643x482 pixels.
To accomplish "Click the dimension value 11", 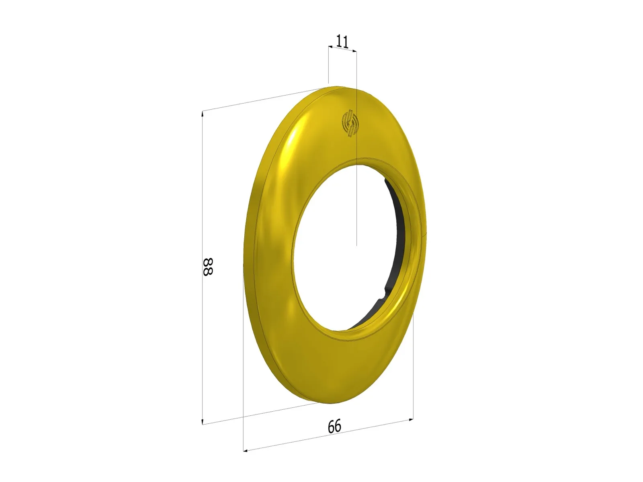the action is pyautogui.click(x=342, y=41).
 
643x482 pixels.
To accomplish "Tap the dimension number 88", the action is pyautogui.click(x=207, y=267).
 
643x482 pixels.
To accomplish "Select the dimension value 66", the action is pyautogui.click(x=334, y=426).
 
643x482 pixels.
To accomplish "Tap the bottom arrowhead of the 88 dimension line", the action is pyautogui.click(x=203, y=422).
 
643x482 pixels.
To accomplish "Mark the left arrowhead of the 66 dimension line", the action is pyautogui.click(x=246, y=450).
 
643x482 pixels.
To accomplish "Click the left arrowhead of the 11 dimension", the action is pyautogui.click(x=330, y=47).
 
